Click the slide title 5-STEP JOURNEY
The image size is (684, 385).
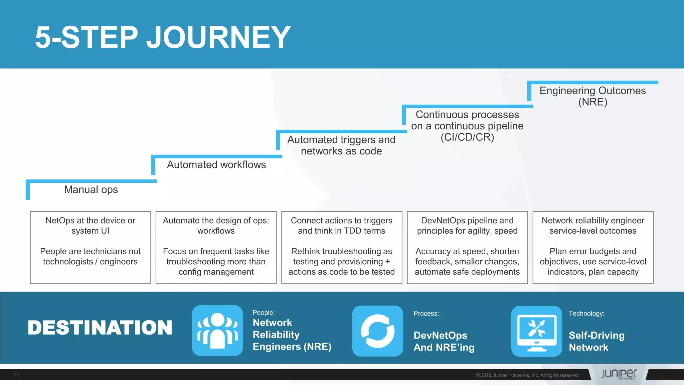point(163,37)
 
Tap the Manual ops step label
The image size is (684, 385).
point(91,189)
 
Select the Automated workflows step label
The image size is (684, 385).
point(216,165)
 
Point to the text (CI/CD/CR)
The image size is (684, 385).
point(467,137)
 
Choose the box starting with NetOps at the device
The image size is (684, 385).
point(91,247)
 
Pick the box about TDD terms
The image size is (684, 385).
point(342,247)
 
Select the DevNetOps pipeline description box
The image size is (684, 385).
point(467,247)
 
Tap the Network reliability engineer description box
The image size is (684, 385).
point(593,247)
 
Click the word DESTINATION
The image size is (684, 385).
point(100,328)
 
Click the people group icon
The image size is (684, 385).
point(217,330)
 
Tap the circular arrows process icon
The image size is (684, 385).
point(378,331)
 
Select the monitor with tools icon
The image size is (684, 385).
point(537,331)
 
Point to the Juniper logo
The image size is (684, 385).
point(619,374)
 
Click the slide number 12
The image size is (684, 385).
point(16,375)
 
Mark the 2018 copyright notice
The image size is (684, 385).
point(527,375)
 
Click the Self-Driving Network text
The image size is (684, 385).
point(596,341)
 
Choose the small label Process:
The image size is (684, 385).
point(426,313)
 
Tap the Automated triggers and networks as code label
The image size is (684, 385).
point(341,145)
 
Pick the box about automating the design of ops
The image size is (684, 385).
point(216,247)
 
